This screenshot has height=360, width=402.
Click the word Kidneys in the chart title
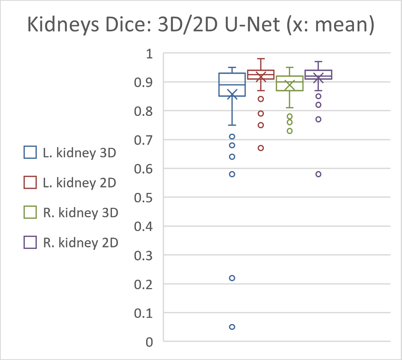coord(63,25)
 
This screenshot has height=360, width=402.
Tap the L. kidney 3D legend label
coord(80,153)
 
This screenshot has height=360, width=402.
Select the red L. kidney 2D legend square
coord(30,182)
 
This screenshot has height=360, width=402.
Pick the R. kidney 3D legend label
coord(81,213)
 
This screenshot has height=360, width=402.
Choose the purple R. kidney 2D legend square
coord(30,242)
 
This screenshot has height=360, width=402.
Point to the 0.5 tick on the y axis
coord(143,198)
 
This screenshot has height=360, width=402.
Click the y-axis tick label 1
coord(149,54)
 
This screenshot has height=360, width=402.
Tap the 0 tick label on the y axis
coord(149,342)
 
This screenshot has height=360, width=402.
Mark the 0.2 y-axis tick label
coord(143,284)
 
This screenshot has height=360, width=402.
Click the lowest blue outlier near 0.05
coord(232,327)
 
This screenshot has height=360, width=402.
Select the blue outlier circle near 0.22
coord(232,278)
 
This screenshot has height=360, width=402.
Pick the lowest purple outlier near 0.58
coord(318,174)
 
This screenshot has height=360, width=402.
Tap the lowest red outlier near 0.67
coord(261,148)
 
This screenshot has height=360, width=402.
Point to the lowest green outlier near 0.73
coord(290,131)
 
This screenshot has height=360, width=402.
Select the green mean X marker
coord(290,85)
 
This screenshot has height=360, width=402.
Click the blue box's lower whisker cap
coord(232,125)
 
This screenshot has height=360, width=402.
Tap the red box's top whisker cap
coord(261,59)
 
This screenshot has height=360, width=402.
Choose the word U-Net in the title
coord(252,25)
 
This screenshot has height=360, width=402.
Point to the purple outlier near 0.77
coord(318,120)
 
